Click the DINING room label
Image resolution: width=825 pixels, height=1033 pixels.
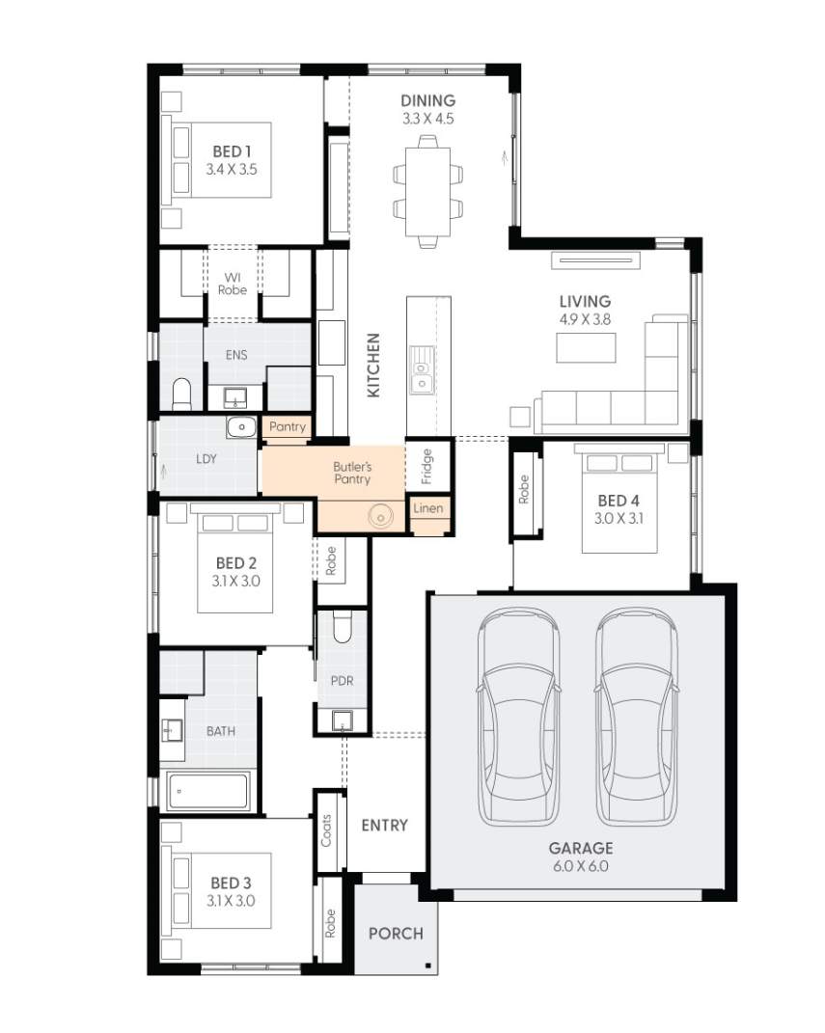[x=427, y=100]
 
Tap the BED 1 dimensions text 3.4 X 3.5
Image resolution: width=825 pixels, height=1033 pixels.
[x=232, y=169]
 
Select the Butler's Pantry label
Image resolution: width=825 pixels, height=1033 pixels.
[x=352, y=473]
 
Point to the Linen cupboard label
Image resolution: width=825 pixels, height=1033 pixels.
[x=427, y=508]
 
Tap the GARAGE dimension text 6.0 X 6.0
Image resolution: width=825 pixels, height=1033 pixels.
[x=581, y=866]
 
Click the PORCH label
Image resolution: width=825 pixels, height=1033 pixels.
[x=396, y=934]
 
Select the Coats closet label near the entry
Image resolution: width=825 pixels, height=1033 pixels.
[x=327, y=830]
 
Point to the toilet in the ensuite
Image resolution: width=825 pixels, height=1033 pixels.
[x=181, y=394]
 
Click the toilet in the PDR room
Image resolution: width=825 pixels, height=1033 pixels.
[x=342, y=628]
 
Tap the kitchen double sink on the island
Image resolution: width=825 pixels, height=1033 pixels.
[x=420, y=372]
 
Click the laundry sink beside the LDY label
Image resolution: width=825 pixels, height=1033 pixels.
[x=239, y=427]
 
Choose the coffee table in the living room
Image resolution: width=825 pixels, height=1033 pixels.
[x=586, y=347]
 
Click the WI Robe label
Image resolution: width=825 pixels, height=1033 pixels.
[x=233, y=284]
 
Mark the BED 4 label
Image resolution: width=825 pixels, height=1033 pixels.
[x=618, y=501]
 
